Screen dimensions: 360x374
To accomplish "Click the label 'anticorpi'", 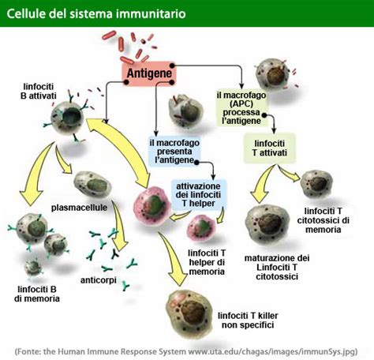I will pyautogui.click(x=99, y=279).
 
